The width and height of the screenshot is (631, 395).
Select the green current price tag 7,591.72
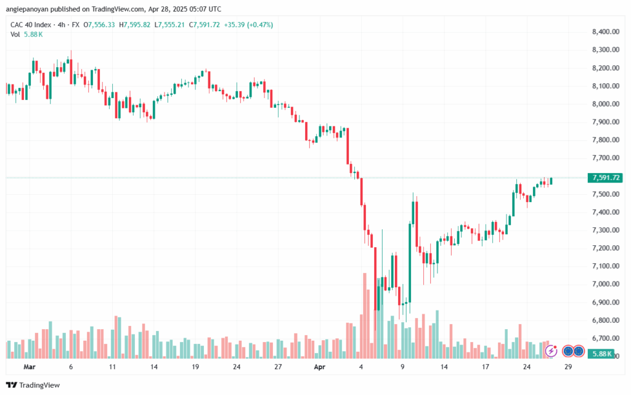coord(604,178)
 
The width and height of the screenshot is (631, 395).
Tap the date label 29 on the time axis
coord(569,366)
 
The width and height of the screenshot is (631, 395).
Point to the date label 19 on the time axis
coord(195,366)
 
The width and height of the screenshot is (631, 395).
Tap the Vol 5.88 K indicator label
coord(26,35)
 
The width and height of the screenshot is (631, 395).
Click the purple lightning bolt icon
coord(552,351)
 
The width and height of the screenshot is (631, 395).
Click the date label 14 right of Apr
coord(444,366)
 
